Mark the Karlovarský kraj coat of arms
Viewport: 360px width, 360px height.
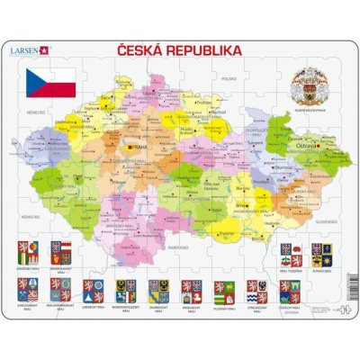click(28, 289)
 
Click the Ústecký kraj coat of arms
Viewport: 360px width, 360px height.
click(287, 289)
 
